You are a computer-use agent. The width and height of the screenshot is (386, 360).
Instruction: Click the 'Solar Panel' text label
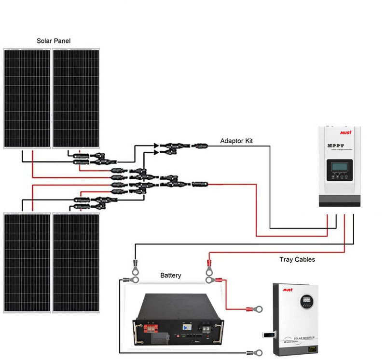pyautogui.click(x=54, y=41)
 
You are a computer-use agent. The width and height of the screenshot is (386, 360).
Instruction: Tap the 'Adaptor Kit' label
pyautogui.click(x=236, y=141)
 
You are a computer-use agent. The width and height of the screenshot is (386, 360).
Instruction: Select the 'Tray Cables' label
pyautogui.click(x=297, y=259)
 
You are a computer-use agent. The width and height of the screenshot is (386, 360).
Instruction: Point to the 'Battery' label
pyautogui.click(x=171, y=275)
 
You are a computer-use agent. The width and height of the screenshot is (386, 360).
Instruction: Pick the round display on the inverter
pyautogui.click(x=306, y=301)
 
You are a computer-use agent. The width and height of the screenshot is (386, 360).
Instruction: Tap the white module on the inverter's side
pyautogui.click(x=268, y=333)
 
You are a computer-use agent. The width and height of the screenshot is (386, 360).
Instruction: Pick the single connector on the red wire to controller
pyautogui.click(x=199, y=184)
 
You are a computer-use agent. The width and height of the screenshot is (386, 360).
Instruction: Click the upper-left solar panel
pyautogui.click(x=27, y=99)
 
